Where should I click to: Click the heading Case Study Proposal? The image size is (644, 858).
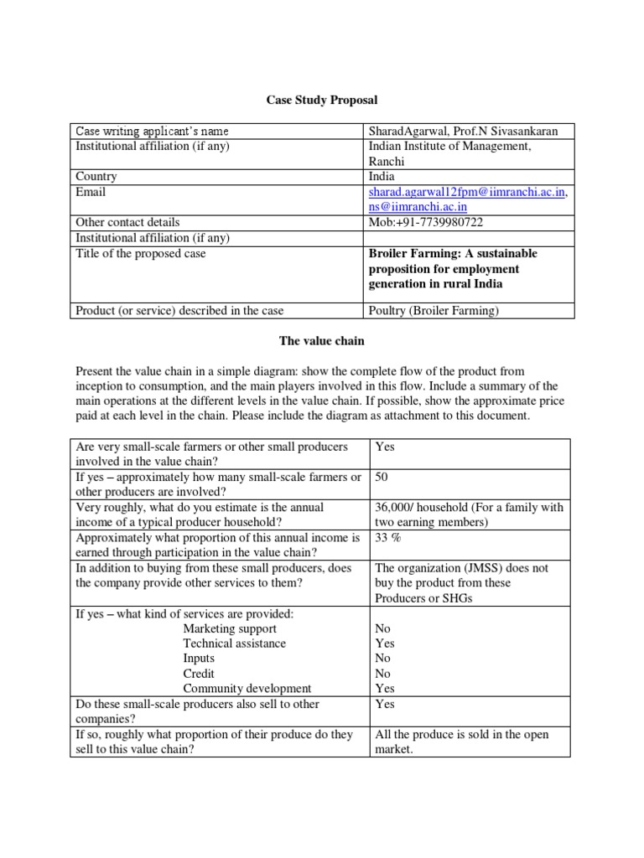(x=322, y=100)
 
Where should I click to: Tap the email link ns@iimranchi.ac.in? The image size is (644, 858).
(x=418, y=207)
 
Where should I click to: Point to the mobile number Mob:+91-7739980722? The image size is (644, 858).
(x=426, y=222)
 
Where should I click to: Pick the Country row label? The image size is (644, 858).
(x=96, y=177)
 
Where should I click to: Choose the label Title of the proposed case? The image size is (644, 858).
(x=141, y=253)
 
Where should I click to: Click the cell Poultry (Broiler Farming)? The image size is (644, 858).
(x=434, y=311)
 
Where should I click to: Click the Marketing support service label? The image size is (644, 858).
(x=230, y=628)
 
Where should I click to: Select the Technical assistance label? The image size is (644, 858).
(x=235, y=643)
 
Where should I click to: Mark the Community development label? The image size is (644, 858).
(x=247, y=689)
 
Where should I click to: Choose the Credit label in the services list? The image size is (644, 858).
(x=199, y=674)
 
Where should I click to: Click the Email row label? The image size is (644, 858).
(x=91, y=192)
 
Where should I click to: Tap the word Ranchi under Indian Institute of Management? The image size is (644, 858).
(x=387, y=161)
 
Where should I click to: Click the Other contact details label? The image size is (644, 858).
(x=127, y=222)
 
